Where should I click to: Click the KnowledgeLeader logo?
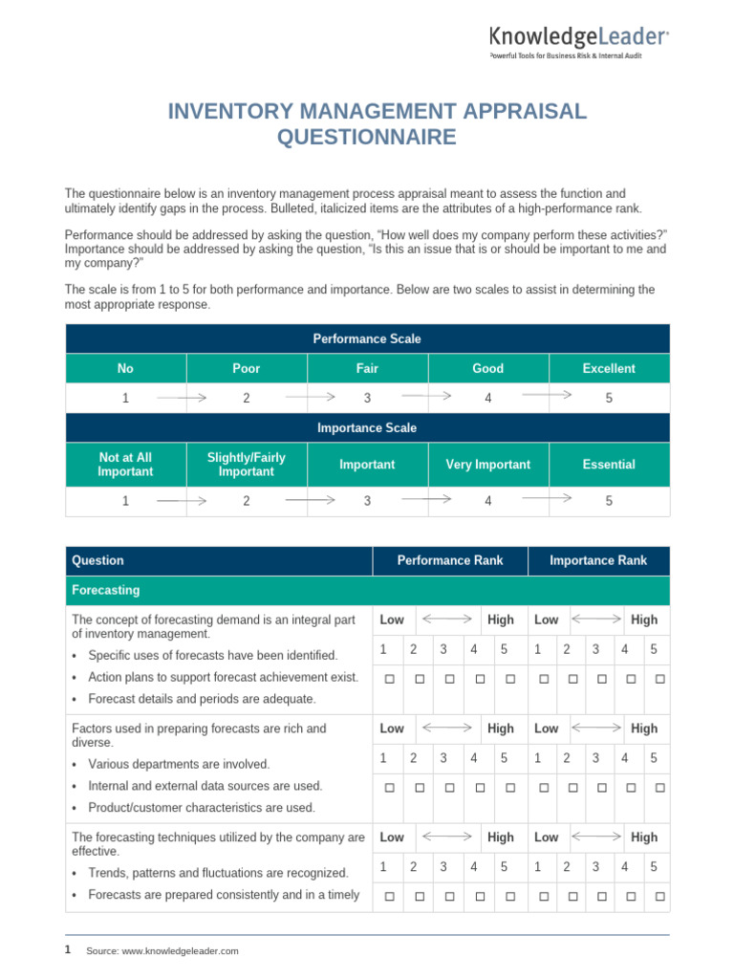[579, 39]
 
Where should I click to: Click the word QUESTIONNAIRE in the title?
[366, 138]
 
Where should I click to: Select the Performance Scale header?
[367, 338]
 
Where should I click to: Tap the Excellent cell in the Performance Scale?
[609, 368]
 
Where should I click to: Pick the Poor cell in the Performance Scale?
[246, 368]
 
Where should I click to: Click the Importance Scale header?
[367, 427]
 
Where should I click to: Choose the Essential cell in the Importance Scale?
[609, 465]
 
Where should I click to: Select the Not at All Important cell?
[125, 465]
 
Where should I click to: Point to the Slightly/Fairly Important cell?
[246, 465]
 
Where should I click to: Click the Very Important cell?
[487, 465]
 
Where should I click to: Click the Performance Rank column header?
[449, 560]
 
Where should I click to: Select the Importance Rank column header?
[598, 560]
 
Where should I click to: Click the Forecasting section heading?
[105, 590]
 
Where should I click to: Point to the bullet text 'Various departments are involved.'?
[179, 764]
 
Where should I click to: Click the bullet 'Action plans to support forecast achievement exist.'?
[223, 677]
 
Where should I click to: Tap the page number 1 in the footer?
[67, 949]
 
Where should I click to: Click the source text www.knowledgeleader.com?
[162, 950]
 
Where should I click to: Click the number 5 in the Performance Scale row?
[609, 398]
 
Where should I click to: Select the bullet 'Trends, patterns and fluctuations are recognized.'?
[218, 873]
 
